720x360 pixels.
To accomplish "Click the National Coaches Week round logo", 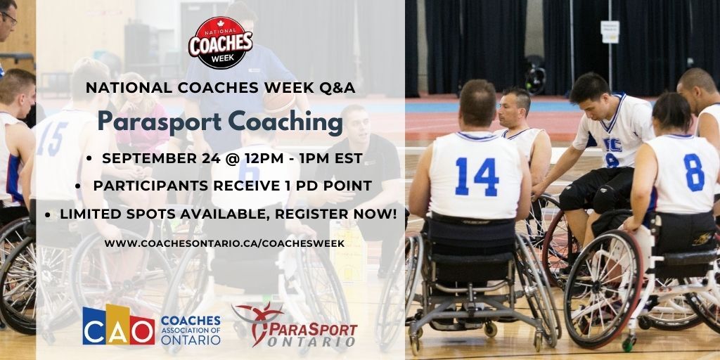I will pos(220,43).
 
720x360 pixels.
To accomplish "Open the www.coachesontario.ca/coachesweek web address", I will pos(224,243).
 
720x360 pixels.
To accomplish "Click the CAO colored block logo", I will pos(118,325).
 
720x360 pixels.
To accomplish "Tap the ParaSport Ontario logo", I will pos(295,326).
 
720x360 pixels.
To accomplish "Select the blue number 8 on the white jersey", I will pos(693,172).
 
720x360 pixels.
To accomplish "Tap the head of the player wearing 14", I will pos(477,103).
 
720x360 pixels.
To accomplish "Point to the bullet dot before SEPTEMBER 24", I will pos(89,159).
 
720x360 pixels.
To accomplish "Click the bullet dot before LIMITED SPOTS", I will pos(48,214).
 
